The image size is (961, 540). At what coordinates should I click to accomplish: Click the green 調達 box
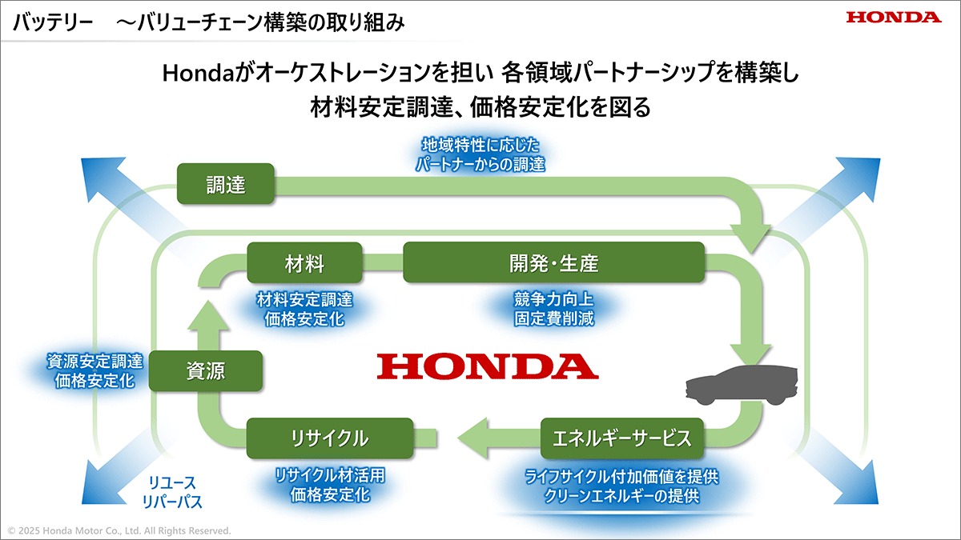(x=226, y=184)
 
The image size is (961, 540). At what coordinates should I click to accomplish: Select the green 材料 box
(x=304, y=262)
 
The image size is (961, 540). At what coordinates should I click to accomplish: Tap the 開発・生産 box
(x=554, y=262)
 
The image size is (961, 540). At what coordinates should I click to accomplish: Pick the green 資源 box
(x=206, y=370)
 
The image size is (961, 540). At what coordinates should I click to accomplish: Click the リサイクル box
(x=330, y=438)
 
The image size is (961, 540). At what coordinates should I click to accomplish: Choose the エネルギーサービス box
(x=622, y=438)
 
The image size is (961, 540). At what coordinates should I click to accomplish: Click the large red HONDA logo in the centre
(x=488, y=366)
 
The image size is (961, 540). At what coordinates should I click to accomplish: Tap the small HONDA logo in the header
(x=894, y=17)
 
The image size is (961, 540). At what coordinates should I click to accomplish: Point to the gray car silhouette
(x=742, y=385)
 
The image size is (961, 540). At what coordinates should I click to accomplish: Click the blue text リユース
(x=172, y=482)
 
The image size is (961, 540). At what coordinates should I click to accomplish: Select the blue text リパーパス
(x=172, y=502)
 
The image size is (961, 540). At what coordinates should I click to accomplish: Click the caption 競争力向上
(x=554, y=299)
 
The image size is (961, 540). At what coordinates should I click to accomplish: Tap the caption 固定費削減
(x=554, y=318)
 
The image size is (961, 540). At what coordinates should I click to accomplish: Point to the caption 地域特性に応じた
(x=480, y=146)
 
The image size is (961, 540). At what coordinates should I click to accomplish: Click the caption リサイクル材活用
(x=330, y=475)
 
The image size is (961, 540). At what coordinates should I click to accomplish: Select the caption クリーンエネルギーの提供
(x=622, y=496)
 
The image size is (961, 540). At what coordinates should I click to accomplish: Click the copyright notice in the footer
(x=119, y=530)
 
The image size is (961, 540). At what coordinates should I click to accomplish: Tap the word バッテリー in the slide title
(x=53, y=22)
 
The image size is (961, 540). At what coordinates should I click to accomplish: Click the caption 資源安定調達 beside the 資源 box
(x=94, y=362)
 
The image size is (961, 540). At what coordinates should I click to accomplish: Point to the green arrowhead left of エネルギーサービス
(x=472, y=438)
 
